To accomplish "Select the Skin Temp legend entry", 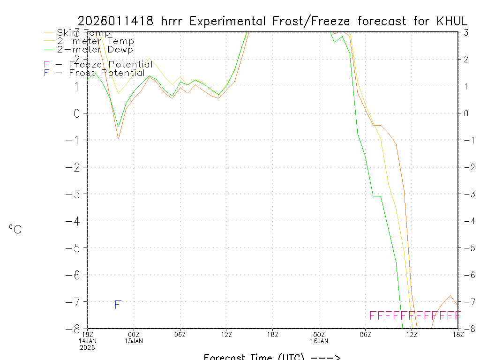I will (x=83, y=33).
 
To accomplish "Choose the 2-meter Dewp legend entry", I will (x=95, y=49).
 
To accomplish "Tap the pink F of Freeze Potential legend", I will (x=46, y=65).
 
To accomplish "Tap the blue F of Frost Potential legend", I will (x=46, y=73).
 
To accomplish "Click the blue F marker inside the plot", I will (x=118, y=305).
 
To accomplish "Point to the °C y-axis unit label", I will (x=15, y=230).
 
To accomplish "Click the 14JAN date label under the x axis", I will (x=87, y=341).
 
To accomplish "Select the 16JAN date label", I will (x=319, y=341).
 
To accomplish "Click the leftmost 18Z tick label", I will (x=87, y=334).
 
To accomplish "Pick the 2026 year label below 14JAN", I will (x=87, y=347).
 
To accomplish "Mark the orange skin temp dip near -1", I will (x=119, y=138).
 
